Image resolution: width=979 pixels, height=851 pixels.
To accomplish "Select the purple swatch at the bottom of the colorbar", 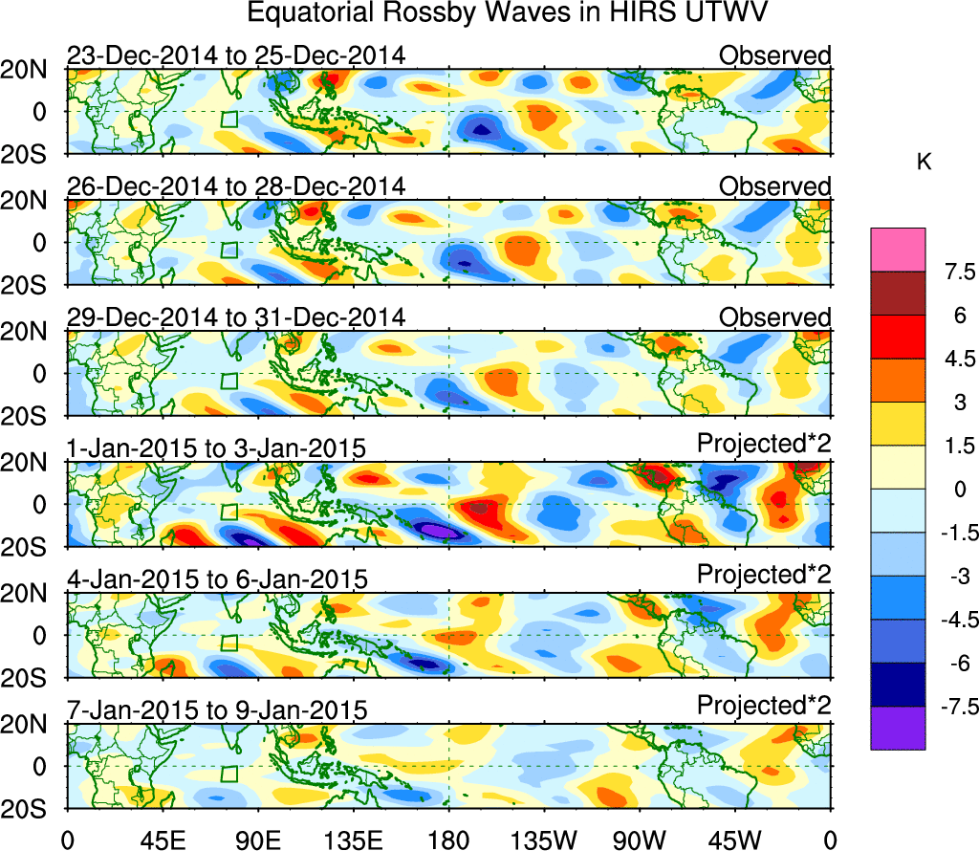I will pyautogui.click(x=898, y=728).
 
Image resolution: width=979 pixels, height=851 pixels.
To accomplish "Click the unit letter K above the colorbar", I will pyautogui.click(x=924, y=164).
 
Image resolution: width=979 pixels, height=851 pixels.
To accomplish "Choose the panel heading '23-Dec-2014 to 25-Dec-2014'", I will pyautogui.click(x=235, y=55).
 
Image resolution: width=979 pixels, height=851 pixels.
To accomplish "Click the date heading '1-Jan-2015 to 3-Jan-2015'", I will pyautogui.click(x=217, y=447).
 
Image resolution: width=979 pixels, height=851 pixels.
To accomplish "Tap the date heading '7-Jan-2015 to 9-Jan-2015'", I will pyautogui.click(x=217, y=709).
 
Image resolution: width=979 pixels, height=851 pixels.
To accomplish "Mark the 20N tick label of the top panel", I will pyautogui.click(x=33, y=69).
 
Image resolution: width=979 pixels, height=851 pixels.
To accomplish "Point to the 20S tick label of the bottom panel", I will pyautogui.click(x=33, y=809).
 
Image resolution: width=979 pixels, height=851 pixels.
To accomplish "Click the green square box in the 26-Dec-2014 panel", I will pyautogui.click(x=228, y=251).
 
